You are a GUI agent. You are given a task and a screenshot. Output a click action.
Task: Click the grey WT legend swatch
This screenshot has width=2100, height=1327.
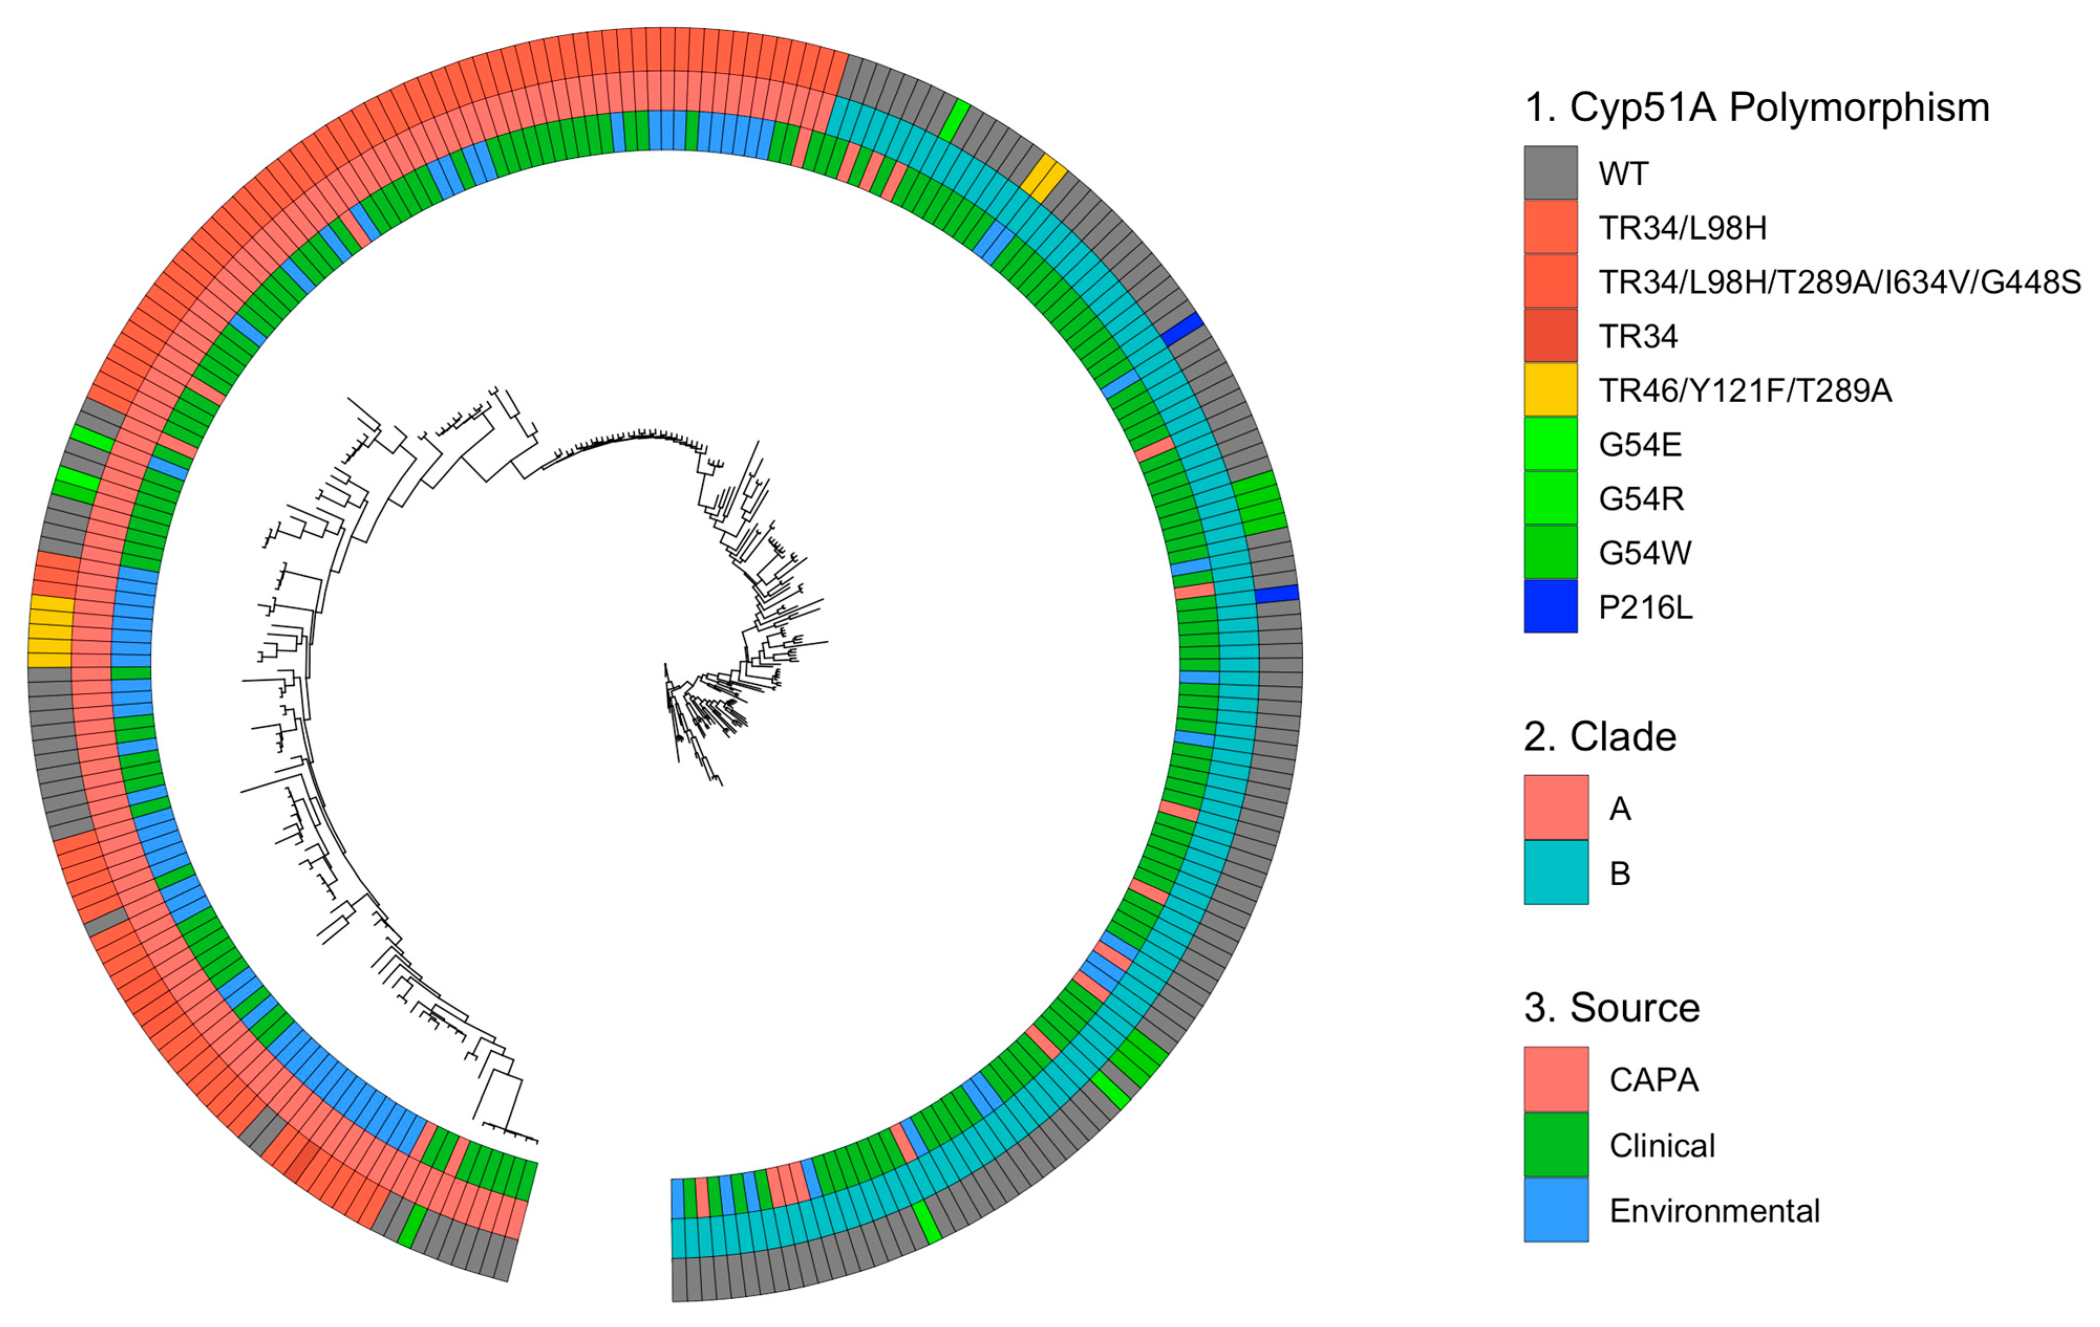pos(1550,172)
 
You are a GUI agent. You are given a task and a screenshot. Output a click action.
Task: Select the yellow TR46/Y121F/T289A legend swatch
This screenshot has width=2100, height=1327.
pos(1550,389)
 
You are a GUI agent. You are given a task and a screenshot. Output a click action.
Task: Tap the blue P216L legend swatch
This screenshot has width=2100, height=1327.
pos(1550,606)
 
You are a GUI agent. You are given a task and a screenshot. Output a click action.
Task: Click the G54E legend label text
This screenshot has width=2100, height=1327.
pos(1640,445)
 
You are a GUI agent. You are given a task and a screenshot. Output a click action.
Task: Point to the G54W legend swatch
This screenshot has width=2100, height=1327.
pos(1550,552)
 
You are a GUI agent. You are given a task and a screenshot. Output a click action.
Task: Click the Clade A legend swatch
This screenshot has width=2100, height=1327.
pos(1556,807)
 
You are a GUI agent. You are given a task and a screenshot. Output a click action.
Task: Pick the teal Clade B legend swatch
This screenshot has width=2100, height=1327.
pos(1556,872)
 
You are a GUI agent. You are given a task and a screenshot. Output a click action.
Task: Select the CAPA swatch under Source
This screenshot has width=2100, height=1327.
pos(1556,1080)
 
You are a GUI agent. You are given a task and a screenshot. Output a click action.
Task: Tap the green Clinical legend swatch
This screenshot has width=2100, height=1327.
pos(1556,1145)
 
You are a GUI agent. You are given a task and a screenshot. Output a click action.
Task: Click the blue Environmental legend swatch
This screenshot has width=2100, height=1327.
pos(1556,1210)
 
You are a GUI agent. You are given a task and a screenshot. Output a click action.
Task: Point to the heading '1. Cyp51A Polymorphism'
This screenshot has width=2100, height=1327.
pos(1756,108)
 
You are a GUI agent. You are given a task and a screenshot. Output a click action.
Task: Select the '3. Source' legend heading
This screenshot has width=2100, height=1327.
pos(1612,1008)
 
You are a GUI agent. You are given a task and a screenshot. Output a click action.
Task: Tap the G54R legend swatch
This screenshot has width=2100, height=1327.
pos(1550,498)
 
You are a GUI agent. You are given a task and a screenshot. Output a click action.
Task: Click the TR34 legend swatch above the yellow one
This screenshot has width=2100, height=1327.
pos(1550,336)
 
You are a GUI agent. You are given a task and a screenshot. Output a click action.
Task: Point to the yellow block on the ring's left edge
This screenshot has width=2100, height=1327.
pos(50,632)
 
